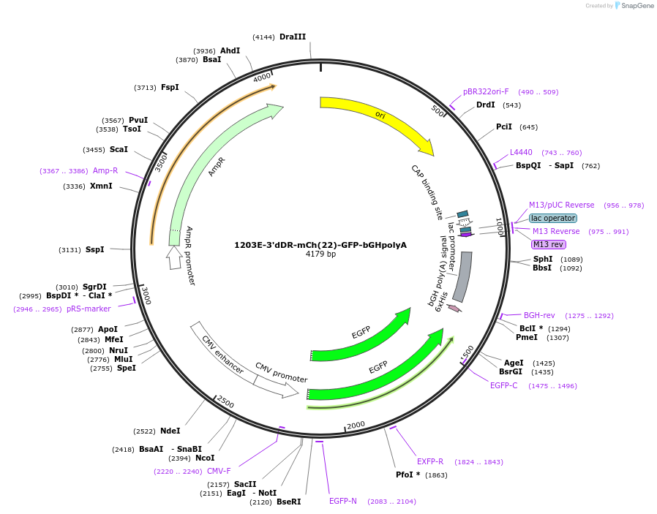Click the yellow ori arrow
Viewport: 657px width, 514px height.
[x=380, y=117]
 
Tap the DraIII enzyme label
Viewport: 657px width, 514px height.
[x=293, y=37]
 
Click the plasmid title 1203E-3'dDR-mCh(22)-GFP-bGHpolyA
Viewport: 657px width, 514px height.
[x=320, y=245]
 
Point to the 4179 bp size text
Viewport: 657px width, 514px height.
[x=320, y=254]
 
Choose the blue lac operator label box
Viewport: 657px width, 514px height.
[x=553, y=218]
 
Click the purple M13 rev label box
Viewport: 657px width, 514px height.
[x=548, y=244]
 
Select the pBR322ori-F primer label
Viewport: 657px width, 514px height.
[x=486, y=92]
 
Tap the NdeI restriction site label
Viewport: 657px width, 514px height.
[x=170, y=431]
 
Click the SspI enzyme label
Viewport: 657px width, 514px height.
[x=95, y=249]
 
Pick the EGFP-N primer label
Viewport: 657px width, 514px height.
[x=343, y=501]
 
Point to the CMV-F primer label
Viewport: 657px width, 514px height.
[x=219, y=471]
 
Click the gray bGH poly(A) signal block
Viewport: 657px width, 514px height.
[x=462, y=276]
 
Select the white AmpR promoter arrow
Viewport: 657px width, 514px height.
[x=173, y=257]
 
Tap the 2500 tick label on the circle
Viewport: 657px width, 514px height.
[x=225, y=403]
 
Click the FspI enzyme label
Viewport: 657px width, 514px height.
[x=170, y=87]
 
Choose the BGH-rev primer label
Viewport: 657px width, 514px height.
[x=539, y=315]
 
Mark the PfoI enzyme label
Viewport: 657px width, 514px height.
[x=408, y=475]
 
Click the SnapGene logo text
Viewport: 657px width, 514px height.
[x=638, y=6]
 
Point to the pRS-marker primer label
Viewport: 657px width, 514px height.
[x=89, y=309]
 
